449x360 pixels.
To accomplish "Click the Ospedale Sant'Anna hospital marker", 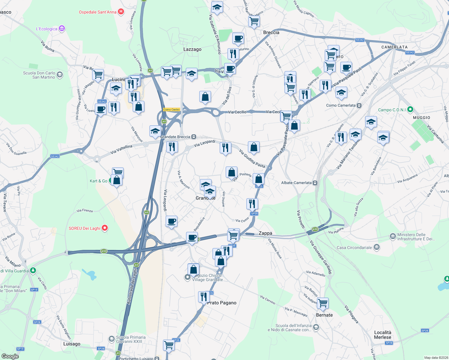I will pyautogui.click(x=121, y=12).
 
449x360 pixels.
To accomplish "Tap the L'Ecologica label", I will pyautogui.click(x=47, y=29).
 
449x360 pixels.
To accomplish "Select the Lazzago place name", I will pyautogui.click(x=192, y=49).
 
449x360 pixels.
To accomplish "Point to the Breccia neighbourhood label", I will pyautogui.click(x=271, y=32).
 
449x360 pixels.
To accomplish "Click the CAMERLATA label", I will pyautogui.click(x=394, y=47).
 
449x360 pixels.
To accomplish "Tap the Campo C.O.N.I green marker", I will pyautogui.click(x=411, y=109).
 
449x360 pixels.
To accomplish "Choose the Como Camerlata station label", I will pyautogui.click(x=341, y=105).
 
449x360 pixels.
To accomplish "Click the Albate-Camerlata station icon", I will pyautogui.click(x=315, y=183).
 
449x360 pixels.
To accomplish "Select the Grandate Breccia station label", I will pyautogui.click(x=175, y=137).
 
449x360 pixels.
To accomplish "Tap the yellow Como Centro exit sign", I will pyautogui.click(x=172, y=109).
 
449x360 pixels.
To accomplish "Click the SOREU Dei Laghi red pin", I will pyautogui.click(x=105, y=228).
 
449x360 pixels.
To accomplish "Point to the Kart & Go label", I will pyautogui.click(x=98, y=181).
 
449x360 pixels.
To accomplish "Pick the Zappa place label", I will pyautogui.click(x=265, y=233).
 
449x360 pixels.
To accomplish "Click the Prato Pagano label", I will pyautogui.click(x=222, y=303).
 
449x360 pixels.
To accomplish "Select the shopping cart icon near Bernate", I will pyautogui.click(x=323, y=303).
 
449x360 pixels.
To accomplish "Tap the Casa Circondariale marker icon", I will pyautogui.click(x=377, y=247).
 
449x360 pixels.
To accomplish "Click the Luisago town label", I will pyautogui.click(x=72, y=344).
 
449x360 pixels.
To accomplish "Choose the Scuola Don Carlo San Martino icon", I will pyautogui.click(x=60, y=75).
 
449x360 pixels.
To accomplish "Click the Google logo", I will pyautogui.click(x=10, y=356).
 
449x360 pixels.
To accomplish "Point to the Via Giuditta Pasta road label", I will pyautogui.click(x=252, y=159).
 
